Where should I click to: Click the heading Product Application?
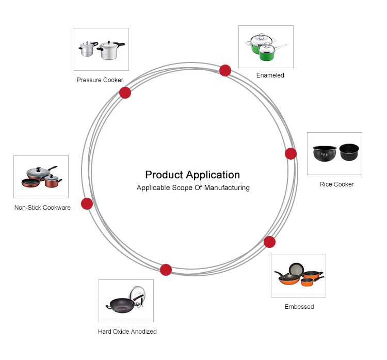click(x=192, y=175)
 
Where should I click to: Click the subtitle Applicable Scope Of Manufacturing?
click(x=193, y=187)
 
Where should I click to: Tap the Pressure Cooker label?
click(x=100, y=80)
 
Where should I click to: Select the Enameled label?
click(x=270, y=75)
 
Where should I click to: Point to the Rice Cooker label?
click(x=336, y=184)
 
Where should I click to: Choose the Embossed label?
click(x=299, y=307)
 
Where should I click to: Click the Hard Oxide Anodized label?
click(x=127, y=332)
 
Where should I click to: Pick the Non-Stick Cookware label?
click(x=42, y=208)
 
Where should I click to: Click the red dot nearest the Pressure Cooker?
click(x=125, y=93)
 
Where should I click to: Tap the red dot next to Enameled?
click(x=225, y=70)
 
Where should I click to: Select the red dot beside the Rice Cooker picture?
click(x=291, y=153)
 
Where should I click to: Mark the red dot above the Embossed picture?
click(x=269, y=242)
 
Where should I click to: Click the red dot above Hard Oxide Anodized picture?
click(x=166, y=270)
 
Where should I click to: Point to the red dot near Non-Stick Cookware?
click(x=87, y=204)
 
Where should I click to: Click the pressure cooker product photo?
click(x=101, y=50)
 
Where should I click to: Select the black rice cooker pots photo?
click(x=334, y=153)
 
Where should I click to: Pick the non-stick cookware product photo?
click(x=41, y=177)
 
